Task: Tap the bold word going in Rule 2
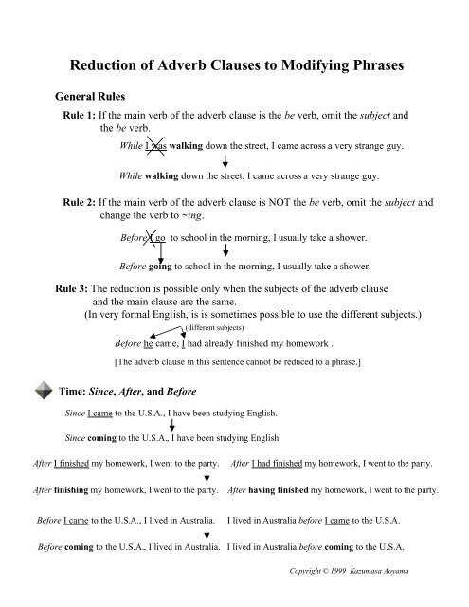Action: (160, 267)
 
